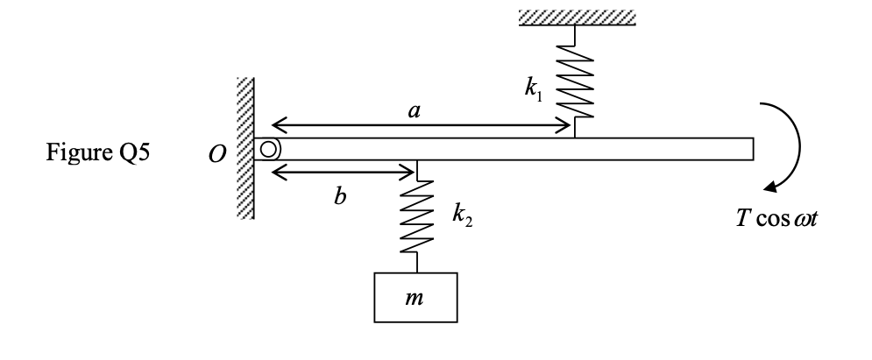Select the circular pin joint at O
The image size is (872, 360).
pyautogui.click(x=267, y=150)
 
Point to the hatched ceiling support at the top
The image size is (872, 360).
pyautogui.click(x=574, y=17)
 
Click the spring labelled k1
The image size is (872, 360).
pyautogui.click(x=574, y=83)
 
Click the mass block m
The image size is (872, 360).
pyautogui.click(x=416, y=299)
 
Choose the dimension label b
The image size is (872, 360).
pyautogui.click(x=340, y=194)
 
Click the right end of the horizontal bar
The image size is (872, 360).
pyautogui.click(x=750, y=150)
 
